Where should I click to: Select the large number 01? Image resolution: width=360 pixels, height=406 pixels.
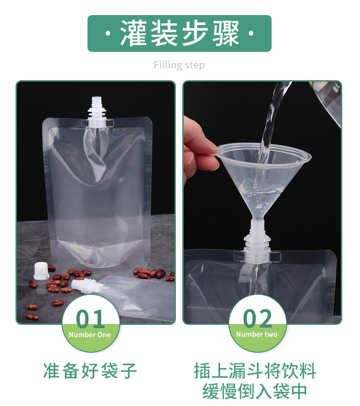click(91, 319)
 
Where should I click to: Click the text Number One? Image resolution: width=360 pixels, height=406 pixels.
click(90, 335)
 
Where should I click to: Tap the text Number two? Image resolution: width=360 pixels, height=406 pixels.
click(257, 334)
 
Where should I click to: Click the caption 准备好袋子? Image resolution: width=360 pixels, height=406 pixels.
click(90, 371)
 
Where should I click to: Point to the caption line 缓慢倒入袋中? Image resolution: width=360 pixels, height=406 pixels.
click(255, 391)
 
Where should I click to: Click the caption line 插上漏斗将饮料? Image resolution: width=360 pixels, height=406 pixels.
click(255, 371)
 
